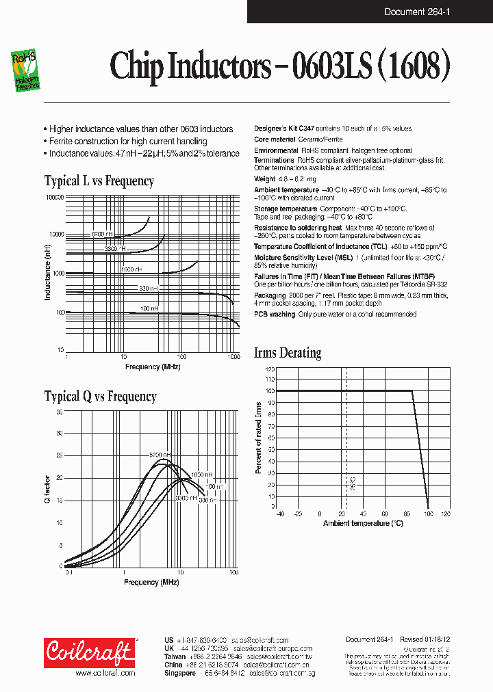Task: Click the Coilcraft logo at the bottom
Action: point(90,653)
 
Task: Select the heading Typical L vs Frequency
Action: point(99,181)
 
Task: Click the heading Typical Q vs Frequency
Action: point(100,397)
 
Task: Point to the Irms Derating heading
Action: point(287,354)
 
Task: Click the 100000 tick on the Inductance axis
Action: point(54,197)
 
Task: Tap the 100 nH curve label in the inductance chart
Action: point(149,309)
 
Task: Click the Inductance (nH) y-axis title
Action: point(47,274)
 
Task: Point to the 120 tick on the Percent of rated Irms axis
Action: point(270,369)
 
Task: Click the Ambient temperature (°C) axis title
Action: point(363,523)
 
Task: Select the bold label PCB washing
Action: point(275,315)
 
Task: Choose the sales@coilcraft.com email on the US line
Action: point(260,640)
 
